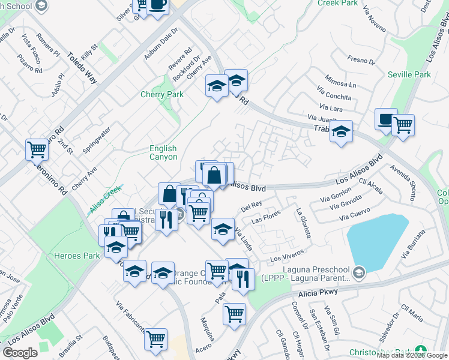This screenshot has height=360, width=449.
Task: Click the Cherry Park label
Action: click(x=162, y=94)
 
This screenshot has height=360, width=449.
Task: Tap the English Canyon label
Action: click(x=163, y=152)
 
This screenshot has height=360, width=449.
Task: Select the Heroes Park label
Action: click(x=76, y=256)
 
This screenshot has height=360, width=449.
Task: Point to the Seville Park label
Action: click(x=409, y=74)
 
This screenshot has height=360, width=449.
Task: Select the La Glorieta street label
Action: click(x=303, y=223)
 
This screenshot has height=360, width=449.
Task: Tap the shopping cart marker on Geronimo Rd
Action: click(x=37, y=148)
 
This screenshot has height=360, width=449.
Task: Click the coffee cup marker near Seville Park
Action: click(x=386, y=118)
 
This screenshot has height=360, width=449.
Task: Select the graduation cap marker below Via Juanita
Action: click(x=341, y=131)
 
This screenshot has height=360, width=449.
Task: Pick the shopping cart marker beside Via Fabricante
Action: click(x=156, y=338)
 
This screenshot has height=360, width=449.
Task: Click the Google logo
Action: click(x=20, y=352)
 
